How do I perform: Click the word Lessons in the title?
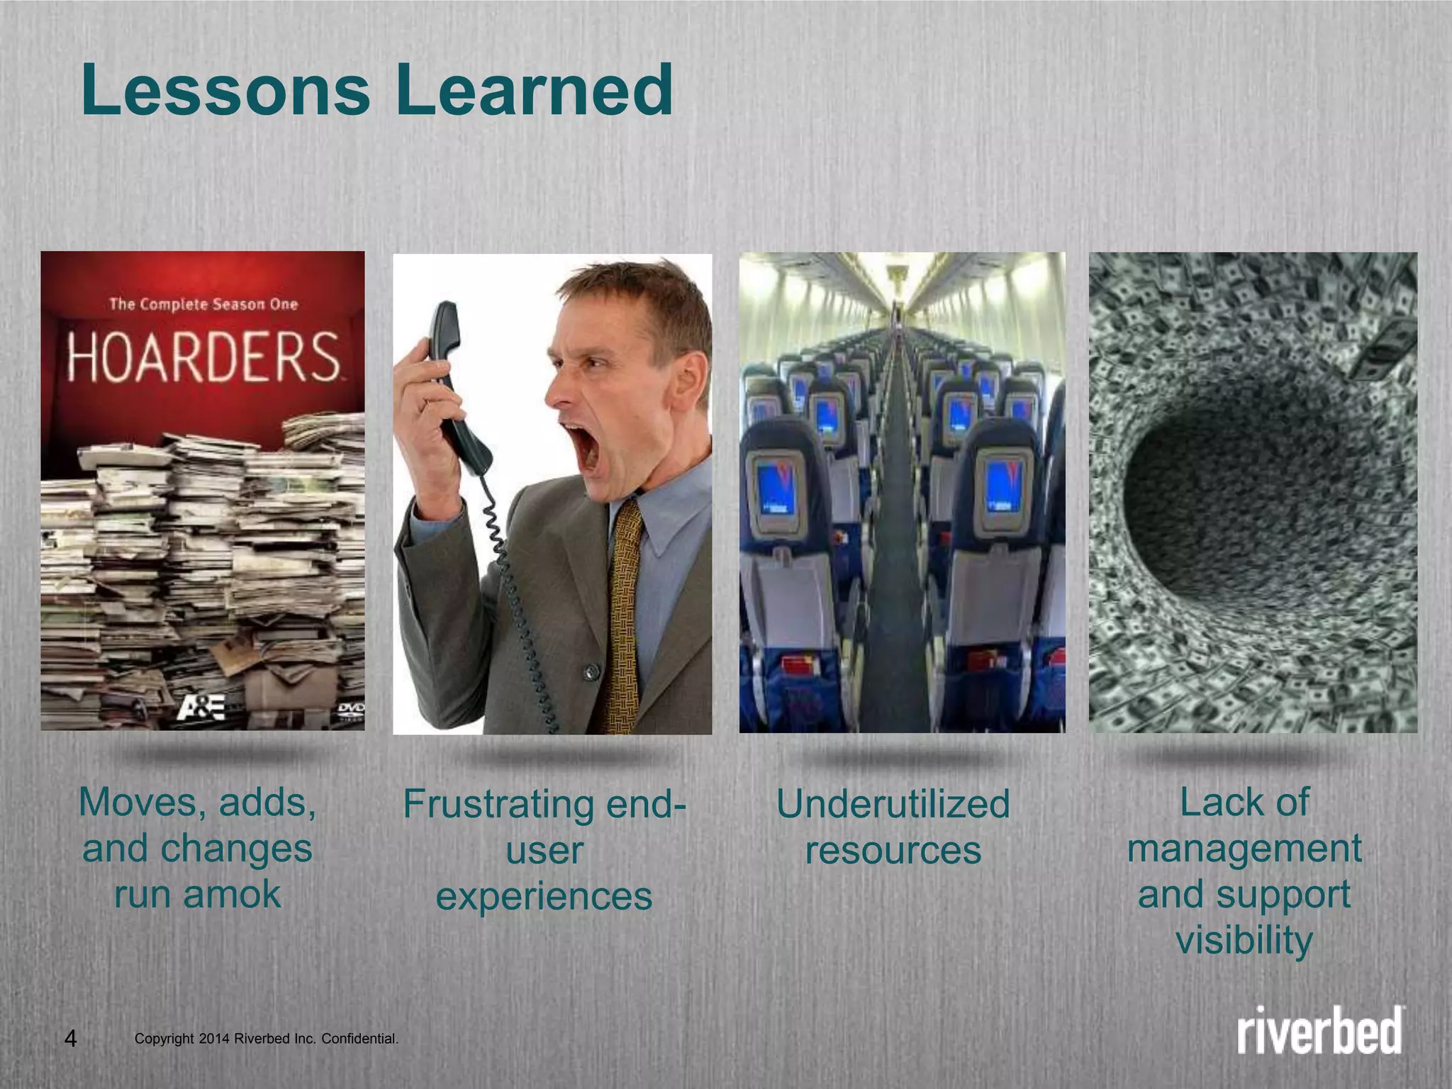tap(225, 91)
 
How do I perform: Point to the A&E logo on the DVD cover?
tap(201, 708)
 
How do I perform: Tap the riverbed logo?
tap(1321, 1029)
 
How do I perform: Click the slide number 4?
tap(70, 1039)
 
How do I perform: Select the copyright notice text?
tap(267, 1039)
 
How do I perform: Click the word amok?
tap(232, 894)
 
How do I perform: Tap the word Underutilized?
tap(893, 804)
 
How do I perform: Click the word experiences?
tap(544, 896)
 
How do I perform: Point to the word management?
tap(1244, 848)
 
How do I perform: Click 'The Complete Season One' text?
tap(203, 305)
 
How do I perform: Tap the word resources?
tap(893, 850)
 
